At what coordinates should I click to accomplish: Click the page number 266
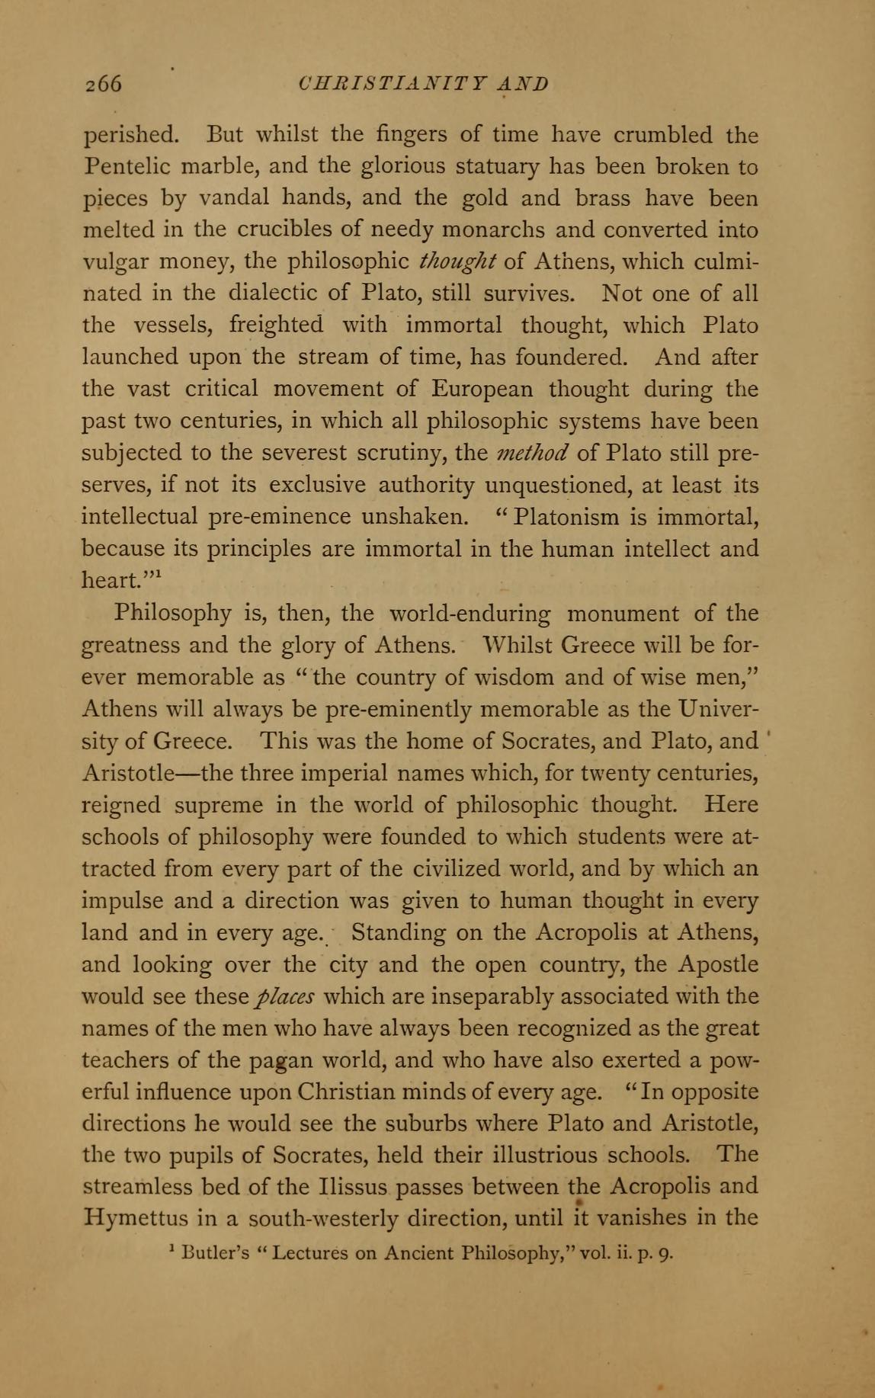click(103, 84)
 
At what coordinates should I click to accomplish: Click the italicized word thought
click(458, 261)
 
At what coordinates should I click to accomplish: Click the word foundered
click(565, 357)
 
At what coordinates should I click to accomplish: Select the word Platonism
click(566, 517)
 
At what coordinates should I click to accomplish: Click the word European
click(482, 389)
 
